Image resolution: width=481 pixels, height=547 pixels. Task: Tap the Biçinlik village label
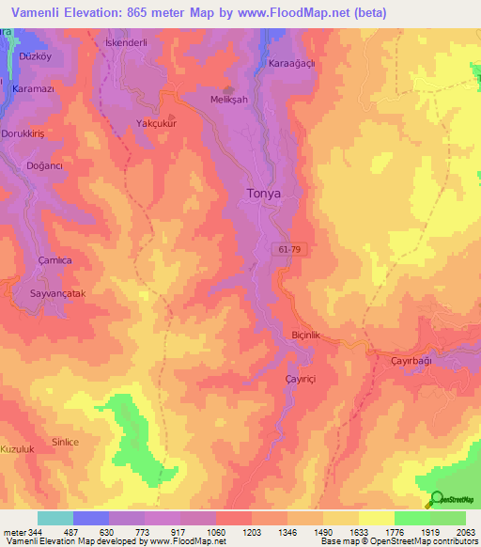pos(305,334)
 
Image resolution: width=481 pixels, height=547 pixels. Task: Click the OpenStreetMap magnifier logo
pos(436,499)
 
